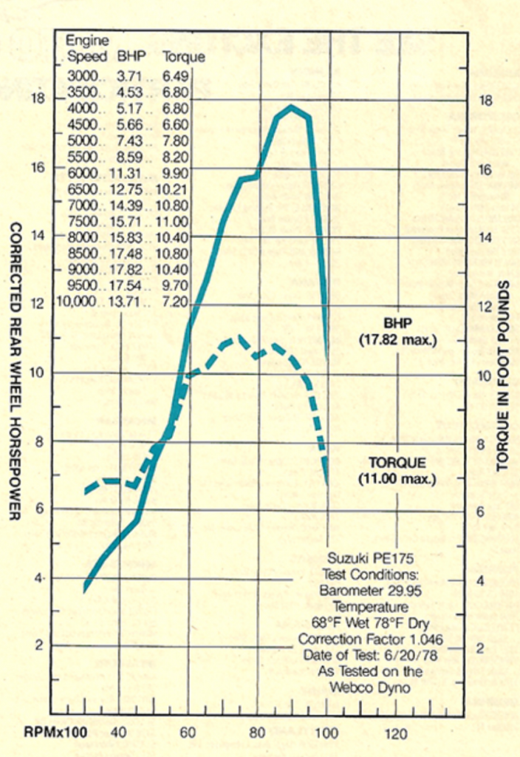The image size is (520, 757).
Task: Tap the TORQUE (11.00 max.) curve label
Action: point(397,470)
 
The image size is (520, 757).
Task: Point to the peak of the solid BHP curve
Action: point(292,106)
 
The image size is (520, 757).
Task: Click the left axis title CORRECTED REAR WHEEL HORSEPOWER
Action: point(14,370)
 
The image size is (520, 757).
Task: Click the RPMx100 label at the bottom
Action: point(56,733)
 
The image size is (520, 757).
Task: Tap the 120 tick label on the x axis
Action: point(396,733)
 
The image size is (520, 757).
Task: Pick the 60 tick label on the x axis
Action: point(188,733)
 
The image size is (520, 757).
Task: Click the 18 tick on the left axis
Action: point(39,98)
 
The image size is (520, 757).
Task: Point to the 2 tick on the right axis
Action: point(481,648)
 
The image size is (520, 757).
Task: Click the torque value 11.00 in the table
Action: point(174,221)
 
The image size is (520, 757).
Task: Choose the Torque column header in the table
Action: point(183,57)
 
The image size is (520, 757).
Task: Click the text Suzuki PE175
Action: point(366,558)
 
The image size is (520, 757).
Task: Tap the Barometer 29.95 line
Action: point(366,591)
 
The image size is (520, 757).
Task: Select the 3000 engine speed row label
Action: point(82,75)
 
